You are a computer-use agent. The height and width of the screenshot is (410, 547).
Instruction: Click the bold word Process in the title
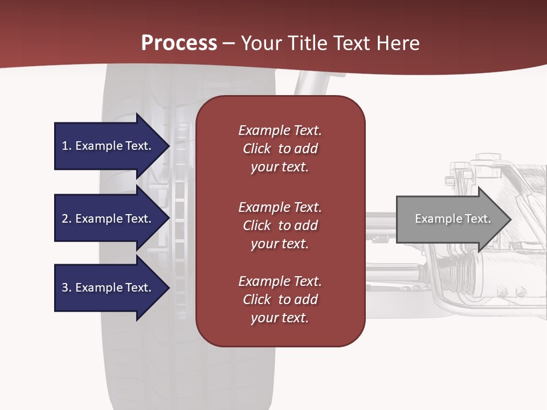coord(179,43)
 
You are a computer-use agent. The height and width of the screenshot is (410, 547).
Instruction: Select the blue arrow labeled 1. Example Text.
coord(108,146)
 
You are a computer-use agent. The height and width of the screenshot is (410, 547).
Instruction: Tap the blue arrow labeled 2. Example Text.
coord(108,219)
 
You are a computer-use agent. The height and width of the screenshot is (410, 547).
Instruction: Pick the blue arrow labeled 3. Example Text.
coord(108,288)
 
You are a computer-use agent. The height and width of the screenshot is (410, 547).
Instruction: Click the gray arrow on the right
coord(450,219)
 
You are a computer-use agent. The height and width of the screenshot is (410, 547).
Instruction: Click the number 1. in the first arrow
coord(67,146)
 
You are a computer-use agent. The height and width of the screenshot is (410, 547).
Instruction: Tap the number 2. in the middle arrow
coord(67,219)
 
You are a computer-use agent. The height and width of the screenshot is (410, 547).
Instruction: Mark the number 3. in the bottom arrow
coord(67,288)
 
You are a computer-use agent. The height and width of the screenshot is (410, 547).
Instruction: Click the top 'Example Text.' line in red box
coord(280,130)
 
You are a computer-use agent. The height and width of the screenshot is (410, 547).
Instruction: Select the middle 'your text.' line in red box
coord(280,244)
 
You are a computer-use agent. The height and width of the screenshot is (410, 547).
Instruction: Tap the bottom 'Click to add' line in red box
coord(280,300)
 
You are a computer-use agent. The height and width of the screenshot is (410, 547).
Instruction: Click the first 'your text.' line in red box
coord(280,167)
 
